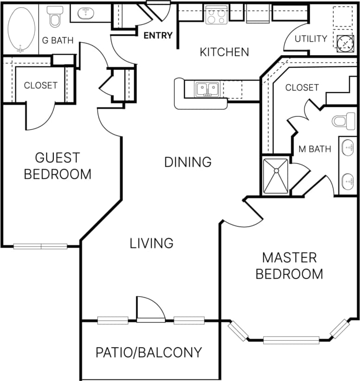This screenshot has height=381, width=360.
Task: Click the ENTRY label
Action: coord(158,35)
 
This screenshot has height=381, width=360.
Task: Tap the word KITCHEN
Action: coord(224,52)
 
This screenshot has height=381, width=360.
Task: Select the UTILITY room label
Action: coord(311,38)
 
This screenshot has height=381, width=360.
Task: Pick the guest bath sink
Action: coord(86,13)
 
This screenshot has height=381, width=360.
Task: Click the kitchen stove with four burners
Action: coord(216,15)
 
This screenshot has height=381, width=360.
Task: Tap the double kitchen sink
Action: coord(207,88)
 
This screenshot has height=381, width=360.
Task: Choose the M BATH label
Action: coord(315,149)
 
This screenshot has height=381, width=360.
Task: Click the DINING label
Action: coord(188,162)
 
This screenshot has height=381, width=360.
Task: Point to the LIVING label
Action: coord(152,243)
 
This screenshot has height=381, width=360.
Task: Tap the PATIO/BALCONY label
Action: coord(149,352)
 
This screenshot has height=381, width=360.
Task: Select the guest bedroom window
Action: coord(41,246)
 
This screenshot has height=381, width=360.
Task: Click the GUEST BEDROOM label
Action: coord(57,166)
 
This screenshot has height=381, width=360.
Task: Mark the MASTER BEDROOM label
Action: coord(289,265)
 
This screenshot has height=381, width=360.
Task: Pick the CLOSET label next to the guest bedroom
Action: coord(41,85)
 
